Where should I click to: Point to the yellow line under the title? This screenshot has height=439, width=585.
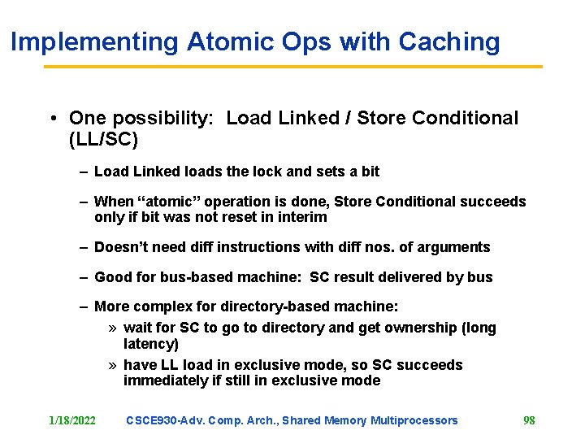(292, 67)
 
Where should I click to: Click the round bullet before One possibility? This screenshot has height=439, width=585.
(51, 119)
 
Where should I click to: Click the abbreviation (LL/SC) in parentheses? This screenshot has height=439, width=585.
(104, 140)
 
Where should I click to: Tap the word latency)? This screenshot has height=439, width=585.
(151, 344)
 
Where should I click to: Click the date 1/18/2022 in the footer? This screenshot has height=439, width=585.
(72, 420)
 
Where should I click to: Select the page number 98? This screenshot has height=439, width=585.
(529, 420)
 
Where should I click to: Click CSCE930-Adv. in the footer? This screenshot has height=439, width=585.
(166, 420)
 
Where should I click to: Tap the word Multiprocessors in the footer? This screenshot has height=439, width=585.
(414, 420)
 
